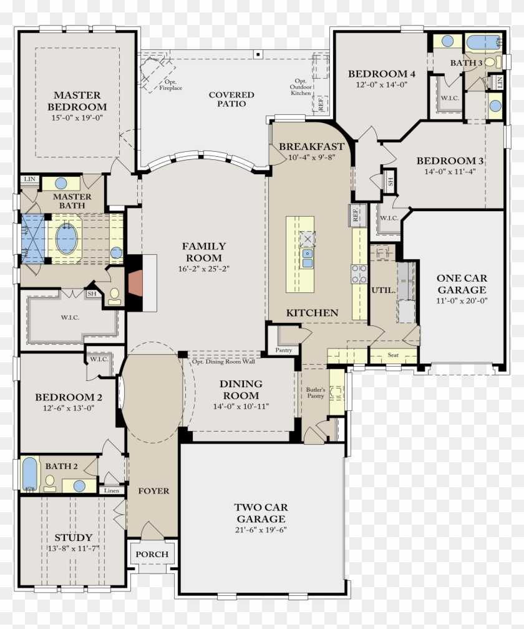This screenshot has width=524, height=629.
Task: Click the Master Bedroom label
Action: [x=77, y=101]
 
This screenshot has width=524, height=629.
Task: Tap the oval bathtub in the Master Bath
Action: [x=67, y=239]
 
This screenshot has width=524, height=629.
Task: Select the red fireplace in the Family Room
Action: [x=135, y=282]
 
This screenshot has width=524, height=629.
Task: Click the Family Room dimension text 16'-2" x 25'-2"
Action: [x=204, y=270]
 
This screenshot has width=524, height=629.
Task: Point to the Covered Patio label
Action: [x=231, y=99]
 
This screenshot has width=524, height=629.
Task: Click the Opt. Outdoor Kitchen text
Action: [x=300, y=87]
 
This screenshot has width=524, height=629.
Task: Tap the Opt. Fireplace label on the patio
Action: [x=170, y=85]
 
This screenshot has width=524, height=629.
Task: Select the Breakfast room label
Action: [x=311, y=146]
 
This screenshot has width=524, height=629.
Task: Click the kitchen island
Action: [x=300, y=254]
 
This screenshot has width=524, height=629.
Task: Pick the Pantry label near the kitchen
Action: [x=283, y=350]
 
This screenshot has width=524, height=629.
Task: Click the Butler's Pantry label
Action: [x=315, y=392]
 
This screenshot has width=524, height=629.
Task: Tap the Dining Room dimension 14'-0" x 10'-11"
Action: [x=241, y=407]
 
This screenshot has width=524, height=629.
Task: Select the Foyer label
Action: [x=153, y=491]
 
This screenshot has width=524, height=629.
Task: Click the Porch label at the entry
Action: [x=152, y=554]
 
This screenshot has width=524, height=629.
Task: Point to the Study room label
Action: [x=73, y=537]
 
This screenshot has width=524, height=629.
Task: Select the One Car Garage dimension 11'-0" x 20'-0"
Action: [x=462, y=300]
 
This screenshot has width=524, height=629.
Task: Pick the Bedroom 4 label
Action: [x=381, y=74]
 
